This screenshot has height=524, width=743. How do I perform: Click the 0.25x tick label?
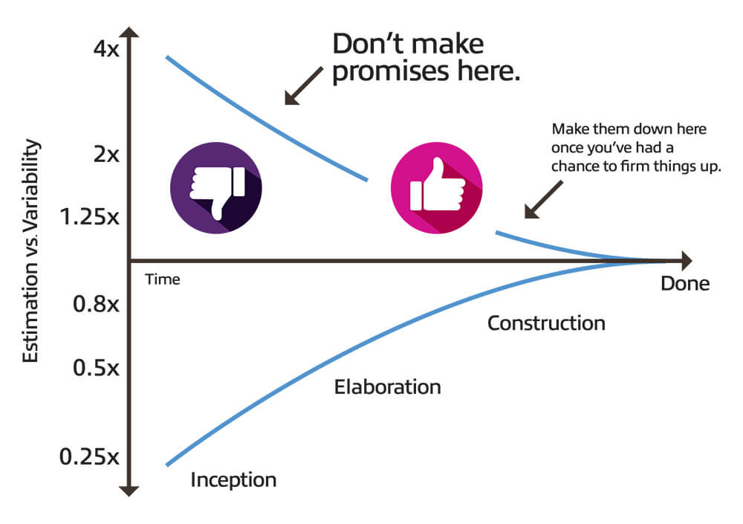[x=88, y=456]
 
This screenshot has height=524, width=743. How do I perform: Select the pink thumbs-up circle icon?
[x=436, y=189]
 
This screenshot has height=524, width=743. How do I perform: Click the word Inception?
[x=233, y=479]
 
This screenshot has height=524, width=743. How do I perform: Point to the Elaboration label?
[x=387, y=387]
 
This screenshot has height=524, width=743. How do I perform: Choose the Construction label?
[x=546, y=323]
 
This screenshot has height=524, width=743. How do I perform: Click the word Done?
[x=685, y=284]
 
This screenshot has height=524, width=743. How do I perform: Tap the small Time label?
[x=163, y=279]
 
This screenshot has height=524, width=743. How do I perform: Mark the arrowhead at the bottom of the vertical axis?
[x=130, y=490]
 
